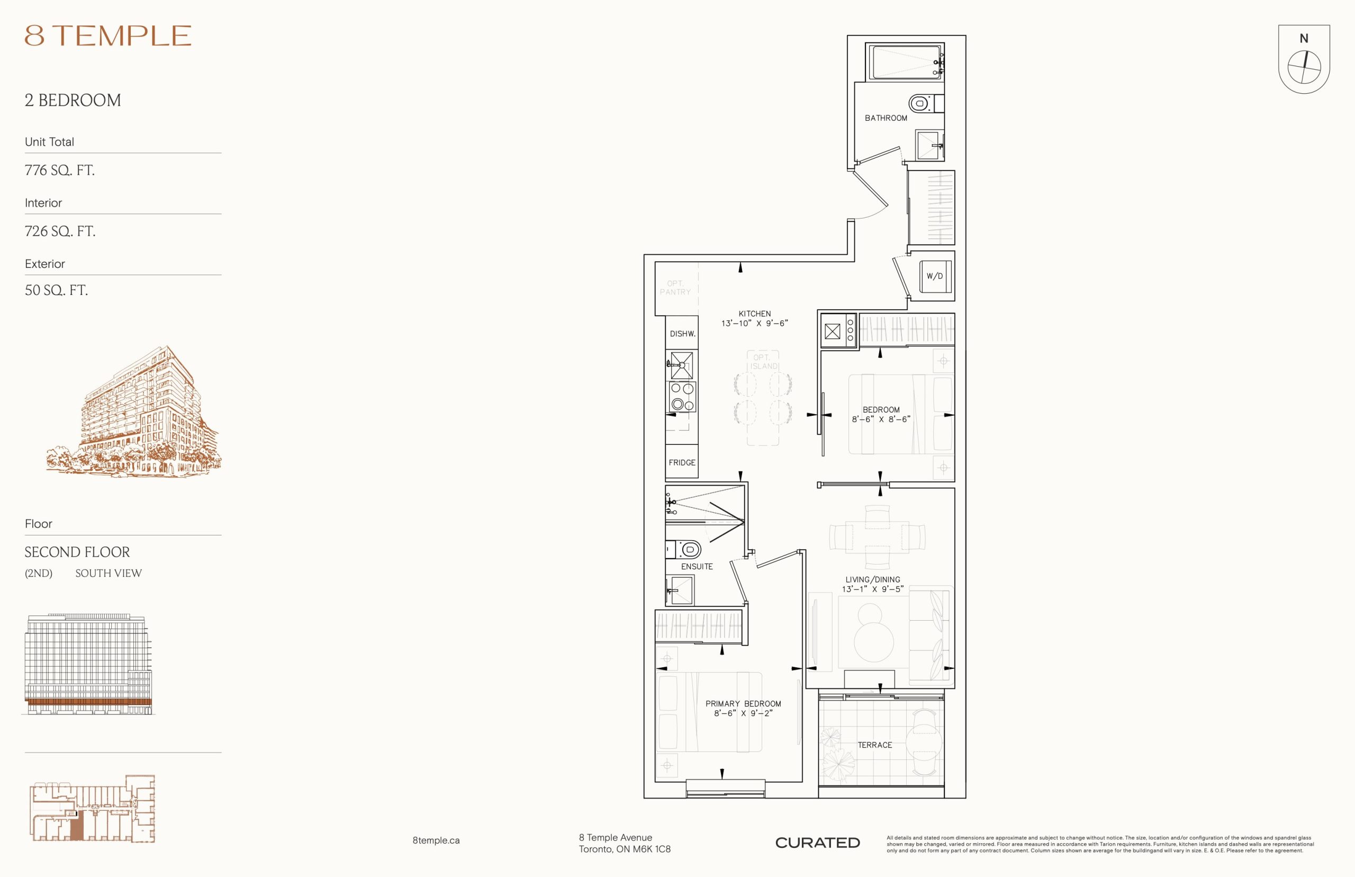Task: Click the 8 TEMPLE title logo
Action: [x=107, y=36]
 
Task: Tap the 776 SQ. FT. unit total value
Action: [x=60, y=171]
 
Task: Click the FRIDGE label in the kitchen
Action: [x=682, y=462]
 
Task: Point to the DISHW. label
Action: [x=682, y=334]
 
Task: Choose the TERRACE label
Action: [x=875, y=745]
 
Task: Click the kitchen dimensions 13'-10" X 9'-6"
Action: [x=755, y=324]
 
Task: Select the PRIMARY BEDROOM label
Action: [x=743, y=704]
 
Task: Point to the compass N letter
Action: [x=1304, y=39]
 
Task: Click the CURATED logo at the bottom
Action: [x=817, y=843]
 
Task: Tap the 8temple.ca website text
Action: [x=436, y=840]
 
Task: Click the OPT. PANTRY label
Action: [x=675, y=288]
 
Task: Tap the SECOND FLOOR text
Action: [x=77, y=552]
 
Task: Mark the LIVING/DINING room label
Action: [x=872, y=580]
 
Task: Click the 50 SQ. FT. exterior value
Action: [x=56, y=290]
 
